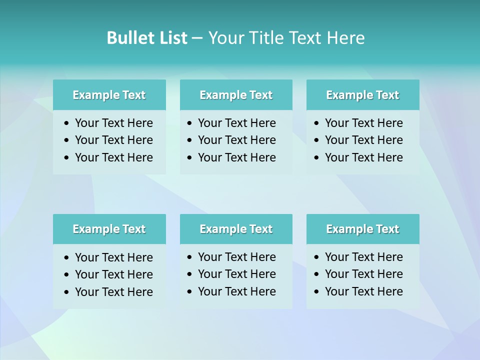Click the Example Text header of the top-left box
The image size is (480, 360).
tap(109, 95)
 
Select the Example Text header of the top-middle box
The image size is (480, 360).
tap(236, 95)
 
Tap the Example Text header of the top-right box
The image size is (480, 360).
tap(362, 95)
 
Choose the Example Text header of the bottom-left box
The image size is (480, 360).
tap(109, 229)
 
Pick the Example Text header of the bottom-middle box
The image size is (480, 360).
tap(236, 229)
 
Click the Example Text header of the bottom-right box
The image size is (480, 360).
tap(362, 229)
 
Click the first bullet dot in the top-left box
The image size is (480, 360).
tap(67, 123)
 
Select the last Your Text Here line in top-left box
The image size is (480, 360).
tap(113, 157)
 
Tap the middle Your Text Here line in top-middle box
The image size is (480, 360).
tap(236, 140)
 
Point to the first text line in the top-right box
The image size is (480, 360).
tap(363, 123)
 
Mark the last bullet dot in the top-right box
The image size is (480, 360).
tap(317, 158)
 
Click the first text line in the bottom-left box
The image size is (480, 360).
tap(113, 257)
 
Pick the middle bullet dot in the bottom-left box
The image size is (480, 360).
tap(67, 275)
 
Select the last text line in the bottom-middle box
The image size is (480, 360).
tap(236, 291)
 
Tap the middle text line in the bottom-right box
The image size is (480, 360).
tap(363, 274)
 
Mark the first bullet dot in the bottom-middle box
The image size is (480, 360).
tap(190, 257)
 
